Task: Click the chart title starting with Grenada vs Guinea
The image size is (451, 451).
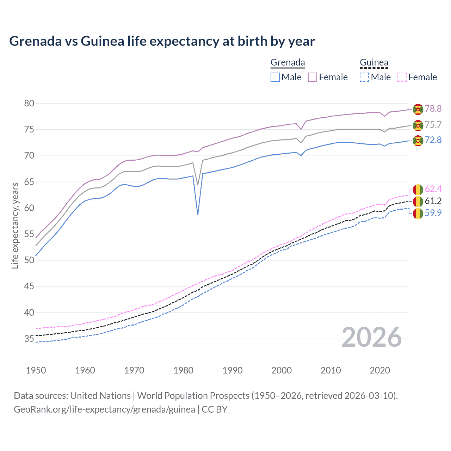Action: (162, 41)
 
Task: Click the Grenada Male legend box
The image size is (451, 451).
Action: (275, 77)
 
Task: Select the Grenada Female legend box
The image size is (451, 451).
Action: (313, 77)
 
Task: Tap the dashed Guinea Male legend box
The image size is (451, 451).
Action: (364, 77)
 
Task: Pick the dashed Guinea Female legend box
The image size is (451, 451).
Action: (402, 77)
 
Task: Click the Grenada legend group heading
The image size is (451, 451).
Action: (288, 63)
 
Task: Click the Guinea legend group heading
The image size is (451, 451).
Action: (374, 63)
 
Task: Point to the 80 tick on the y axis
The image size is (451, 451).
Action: (29, 103)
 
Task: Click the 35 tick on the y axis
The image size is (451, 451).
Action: (29, 339)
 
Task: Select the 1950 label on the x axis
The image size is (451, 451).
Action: (36, 370)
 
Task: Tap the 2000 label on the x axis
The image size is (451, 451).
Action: (282, 370)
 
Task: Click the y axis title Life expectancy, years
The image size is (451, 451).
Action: (15, 225)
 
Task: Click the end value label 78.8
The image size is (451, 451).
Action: (433, 109)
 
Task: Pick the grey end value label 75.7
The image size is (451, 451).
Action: (433, 125)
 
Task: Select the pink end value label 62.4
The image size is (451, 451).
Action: (433, 189)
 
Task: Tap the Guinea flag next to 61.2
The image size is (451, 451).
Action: (418, 202)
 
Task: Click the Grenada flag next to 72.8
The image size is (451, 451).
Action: (418, 141)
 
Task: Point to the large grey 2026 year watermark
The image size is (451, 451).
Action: (372, 338)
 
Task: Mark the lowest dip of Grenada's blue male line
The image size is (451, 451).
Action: (198, 215)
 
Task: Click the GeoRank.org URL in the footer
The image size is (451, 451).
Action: (104, 409)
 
